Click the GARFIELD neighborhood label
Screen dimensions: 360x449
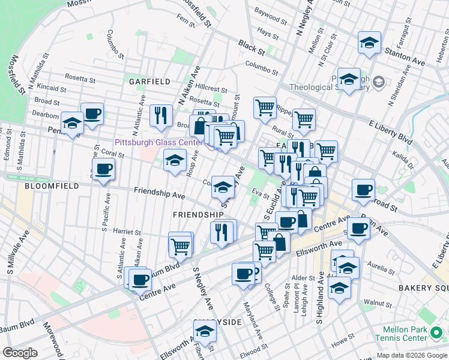pos(148,81)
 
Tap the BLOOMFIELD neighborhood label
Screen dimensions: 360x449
pos(52,187)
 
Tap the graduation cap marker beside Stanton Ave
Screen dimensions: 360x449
pos(369,43)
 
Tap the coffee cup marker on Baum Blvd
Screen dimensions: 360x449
pos(140,278)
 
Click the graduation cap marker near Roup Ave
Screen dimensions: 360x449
pos(175,160)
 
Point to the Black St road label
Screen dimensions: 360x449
pos(251,45)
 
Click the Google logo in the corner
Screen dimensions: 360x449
pos(20,353)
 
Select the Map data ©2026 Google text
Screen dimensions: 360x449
pos(412,355)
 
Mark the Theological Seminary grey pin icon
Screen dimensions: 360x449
pos(379,81)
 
